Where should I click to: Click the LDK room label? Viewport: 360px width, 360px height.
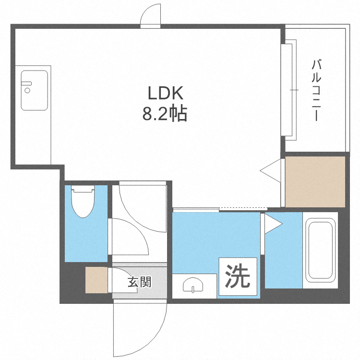point(165,93)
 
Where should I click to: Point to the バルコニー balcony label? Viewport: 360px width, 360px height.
point(316,90)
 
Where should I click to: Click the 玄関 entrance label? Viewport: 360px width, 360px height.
point(140,282)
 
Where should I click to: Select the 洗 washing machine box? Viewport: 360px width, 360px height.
point(238,276)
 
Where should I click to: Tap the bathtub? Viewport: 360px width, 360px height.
point(320,250)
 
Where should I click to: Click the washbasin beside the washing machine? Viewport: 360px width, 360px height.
point(193,285)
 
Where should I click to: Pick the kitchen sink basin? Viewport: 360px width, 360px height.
point(35,90)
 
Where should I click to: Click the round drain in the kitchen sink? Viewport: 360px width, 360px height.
point(27,90)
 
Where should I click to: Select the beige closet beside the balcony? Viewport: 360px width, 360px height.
point(315,182)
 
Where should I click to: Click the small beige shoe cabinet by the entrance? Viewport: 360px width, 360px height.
point(96,280)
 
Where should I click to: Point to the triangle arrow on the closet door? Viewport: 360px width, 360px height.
point(270,170)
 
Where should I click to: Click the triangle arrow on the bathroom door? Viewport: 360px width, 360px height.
point(273,224)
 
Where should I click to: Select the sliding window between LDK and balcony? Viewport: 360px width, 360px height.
point(288,90)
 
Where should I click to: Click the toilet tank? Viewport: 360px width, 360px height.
point(83,189)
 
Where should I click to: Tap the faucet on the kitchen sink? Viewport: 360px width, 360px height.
point(26,84)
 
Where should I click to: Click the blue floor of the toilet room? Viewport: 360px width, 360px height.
point(86,239)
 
